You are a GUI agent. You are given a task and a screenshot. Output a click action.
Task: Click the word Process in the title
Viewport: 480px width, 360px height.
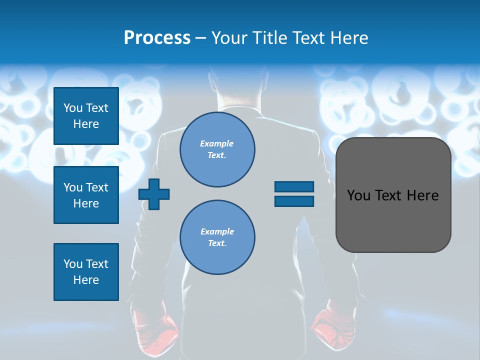pyautogui.click(x=157, y=38)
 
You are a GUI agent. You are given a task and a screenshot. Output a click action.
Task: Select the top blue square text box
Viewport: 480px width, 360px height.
pyautogui.click(x=86, y=116)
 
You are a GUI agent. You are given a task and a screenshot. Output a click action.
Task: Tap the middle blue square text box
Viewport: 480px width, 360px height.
pyautogui.click(x=86, y=195)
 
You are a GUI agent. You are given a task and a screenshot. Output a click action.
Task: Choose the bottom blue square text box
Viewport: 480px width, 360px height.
pyautogui.click(x=86, y=272)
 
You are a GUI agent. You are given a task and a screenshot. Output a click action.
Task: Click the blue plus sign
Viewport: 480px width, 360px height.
pyautogui.click(x=154, y=194)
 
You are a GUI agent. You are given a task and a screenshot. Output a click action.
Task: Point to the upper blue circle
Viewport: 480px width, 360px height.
pyautogui.click(x=217, y=149)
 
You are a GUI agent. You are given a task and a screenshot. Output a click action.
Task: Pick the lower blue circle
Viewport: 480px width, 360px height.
pyautogui.click(x=217, y=237)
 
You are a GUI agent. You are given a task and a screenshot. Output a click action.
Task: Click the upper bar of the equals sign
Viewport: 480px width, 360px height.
pyautogui.click(x=294, y=186)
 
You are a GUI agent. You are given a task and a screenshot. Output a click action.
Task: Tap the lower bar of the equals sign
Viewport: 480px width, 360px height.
pyautogui.click(x=294, y=201)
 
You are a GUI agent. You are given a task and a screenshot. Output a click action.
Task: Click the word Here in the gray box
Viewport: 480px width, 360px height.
pyautogui.click(x=422, y=195)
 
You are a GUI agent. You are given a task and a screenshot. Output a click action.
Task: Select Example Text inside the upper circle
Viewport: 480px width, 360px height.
pyautogui.click(x=217, y=149)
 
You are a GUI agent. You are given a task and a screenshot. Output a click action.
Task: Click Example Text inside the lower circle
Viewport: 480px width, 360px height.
pyautogui.click(x=217, y=237)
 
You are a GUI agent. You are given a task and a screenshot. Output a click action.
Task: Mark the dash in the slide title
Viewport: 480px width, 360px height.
pyautogui.click(x=201, y=38)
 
